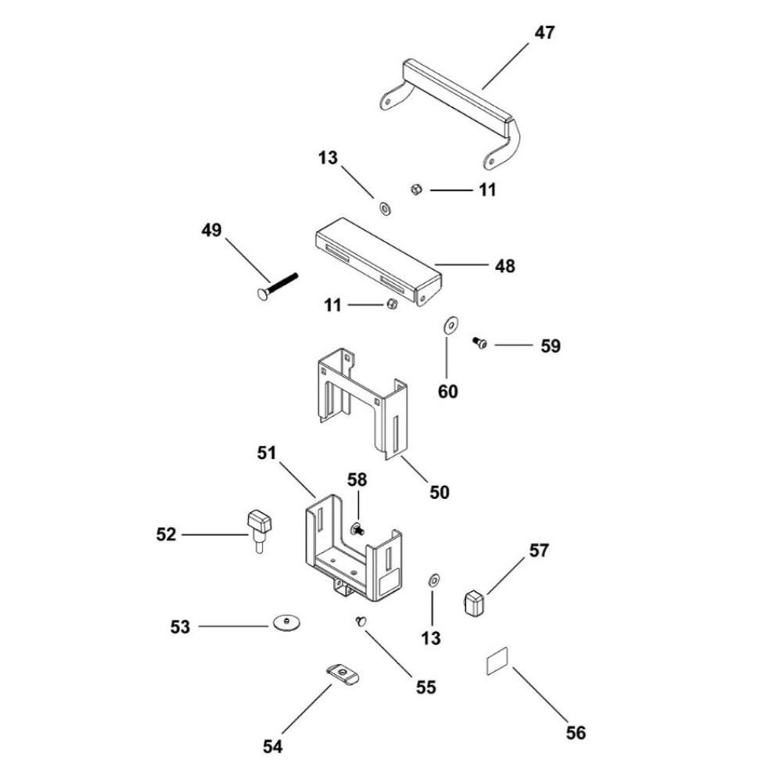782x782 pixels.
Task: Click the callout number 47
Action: pos(544,33)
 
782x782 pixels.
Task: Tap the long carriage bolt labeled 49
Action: pos(278,287)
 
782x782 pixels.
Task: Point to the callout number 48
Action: pos(504,266)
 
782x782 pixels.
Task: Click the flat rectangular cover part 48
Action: pos(378,261)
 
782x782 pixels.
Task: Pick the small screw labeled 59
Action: pos(480,343)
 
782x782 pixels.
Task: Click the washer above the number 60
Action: pos(451,325)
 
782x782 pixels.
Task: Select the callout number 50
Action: pos(439,492)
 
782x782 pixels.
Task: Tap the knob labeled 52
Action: pos(260,531)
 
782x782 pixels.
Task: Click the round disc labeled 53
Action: pos(287,623)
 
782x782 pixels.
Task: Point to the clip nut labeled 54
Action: pos(343,674)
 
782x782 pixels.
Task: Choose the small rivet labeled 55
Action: pos(361,621)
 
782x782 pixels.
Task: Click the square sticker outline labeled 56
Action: pos(497,661)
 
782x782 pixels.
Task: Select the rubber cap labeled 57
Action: pos(475,602)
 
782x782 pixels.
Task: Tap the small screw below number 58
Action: pos(358,529)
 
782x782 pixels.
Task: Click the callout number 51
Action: pos(267,453)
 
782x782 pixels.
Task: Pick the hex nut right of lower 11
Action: pos(393,303)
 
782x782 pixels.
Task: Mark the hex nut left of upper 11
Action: pos(417,189)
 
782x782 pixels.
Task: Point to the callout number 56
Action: pos(576,733)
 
